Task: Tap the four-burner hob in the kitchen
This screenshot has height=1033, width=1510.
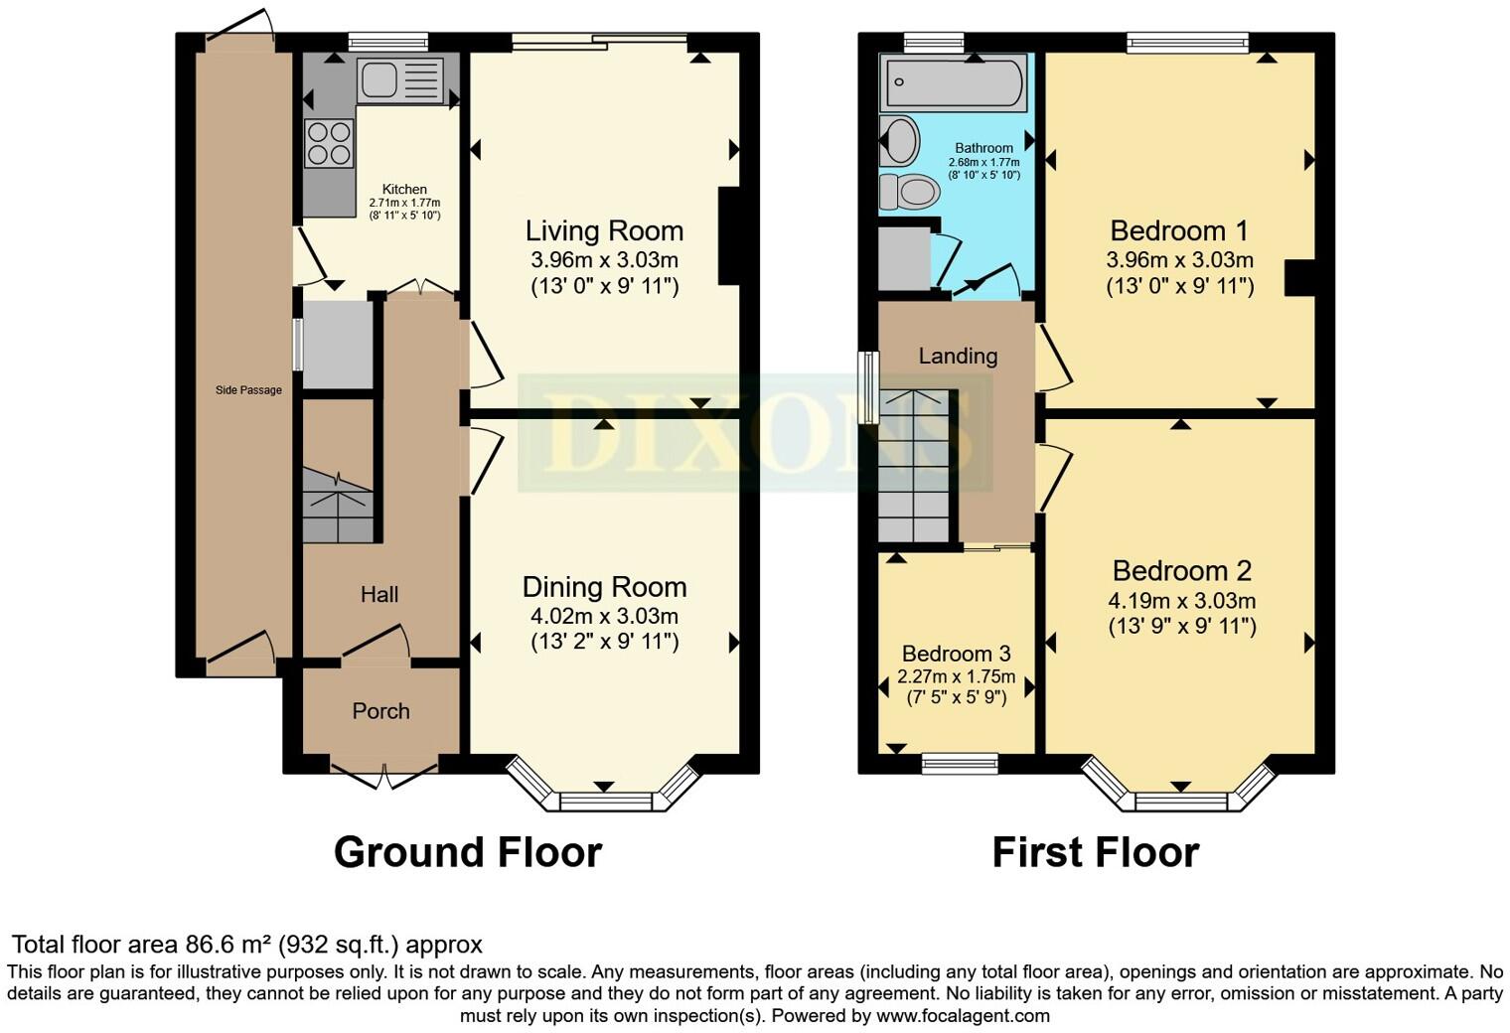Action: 329,143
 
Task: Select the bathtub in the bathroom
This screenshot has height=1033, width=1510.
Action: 954,82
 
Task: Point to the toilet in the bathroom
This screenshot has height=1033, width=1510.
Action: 909,192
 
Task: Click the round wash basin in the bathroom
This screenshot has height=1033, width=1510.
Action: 899,140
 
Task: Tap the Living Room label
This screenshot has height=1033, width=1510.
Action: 605,231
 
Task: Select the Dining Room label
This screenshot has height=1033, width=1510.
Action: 605,587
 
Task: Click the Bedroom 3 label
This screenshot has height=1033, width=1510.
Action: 956,653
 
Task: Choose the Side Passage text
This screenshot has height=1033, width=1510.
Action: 248,390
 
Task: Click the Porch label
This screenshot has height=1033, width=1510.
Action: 380,711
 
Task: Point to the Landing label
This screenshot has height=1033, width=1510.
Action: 958,356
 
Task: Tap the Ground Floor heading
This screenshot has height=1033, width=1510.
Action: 468,852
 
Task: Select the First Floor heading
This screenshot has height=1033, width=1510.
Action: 1096,852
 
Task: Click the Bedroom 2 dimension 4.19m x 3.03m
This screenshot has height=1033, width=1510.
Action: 1182,600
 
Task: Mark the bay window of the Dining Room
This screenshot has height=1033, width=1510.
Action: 604,790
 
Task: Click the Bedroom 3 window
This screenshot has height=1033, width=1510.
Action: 960,764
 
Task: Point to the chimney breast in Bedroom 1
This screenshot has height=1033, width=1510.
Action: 1299,278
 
